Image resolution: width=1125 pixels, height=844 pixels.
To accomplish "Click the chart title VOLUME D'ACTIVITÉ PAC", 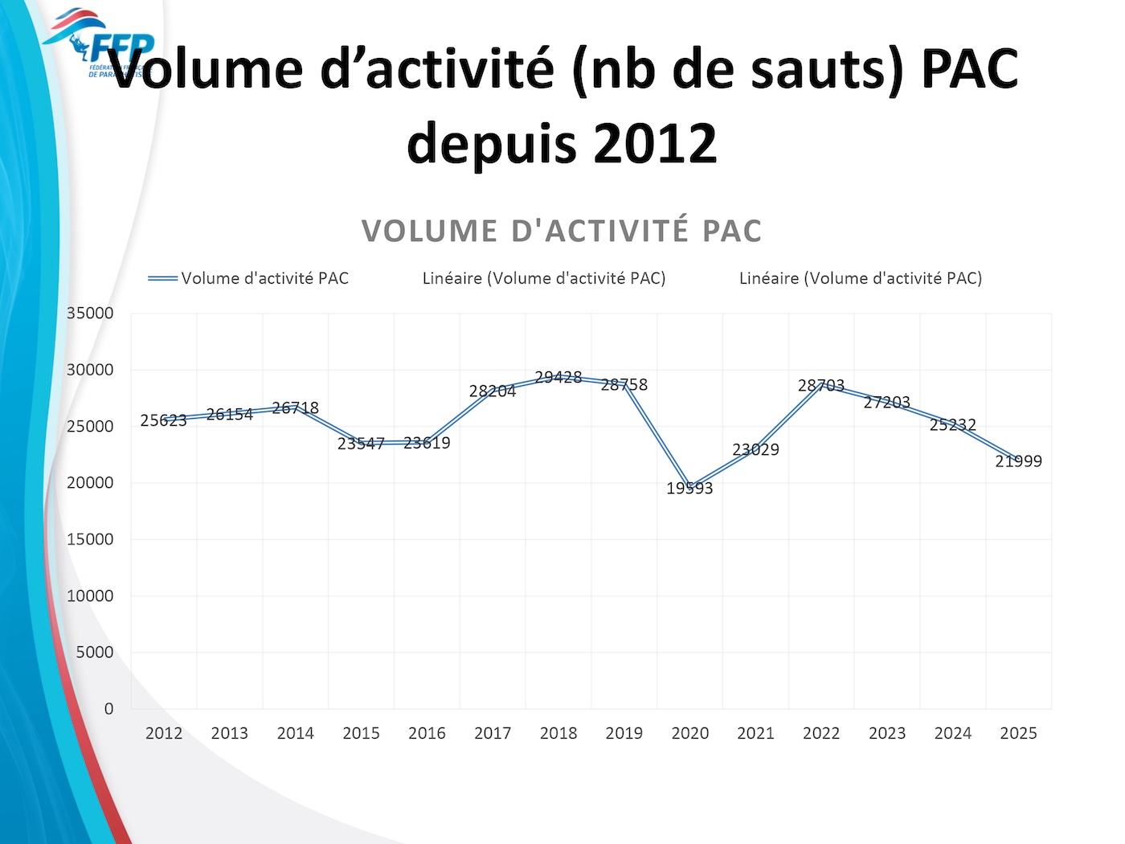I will pyautogui.click(x=562, y=231).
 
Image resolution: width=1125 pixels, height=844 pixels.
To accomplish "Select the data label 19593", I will pyautogui.click(x=689, y=488).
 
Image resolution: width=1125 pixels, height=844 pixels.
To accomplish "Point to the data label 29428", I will pyautogui.click(x=558, y=377).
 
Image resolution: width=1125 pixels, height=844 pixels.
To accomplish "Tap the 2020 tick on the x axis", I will pyautogui.click(x=689, y=733).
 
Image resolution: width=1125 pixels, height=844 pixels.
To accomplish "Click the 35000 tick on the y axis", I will pyautogui.click(x=90, y=313).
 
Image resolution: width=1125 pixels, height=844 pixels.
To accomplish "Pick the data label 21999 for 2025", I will pyautogui.click(x=1018, y=461).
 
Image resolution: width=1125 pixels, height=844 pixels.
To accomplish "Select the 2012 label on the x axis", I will pyautogui.click(x=164, y=733).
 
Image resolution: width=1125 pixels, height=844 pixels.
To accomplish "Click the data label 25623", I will pyautogui.click(x=163, y=420).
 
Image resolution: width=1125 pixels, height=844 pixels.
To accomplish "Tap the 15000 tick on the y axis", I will pyautogui.click(x=90, y=539).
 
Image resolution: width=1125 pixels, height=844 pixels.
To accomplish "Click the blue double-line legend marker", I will pyautogui.click(x=162, y=278).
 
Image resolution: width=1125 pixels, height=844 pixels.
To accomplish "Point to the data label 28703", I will pyautogui.click(x=820, y=386).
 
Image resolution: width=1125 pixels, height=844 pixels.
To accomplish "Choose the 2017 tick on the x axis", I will pyautogui.click(x=493, y=733).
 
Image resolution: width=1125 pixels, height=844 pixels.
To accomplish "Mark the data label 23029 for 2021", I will pyautogui.click(x=755, y=449).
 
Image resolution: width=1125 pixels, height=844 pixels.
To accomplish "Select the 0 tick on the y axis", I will pyautogui.click(x=108, y=709).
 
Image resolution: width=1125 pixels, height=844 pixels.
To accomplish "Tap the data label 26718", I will pyautogui.click(x=295, y=408).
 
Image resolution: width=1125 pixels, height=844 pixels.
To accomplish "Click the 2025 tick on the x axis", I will pyautogui.click(x=1018, y=733).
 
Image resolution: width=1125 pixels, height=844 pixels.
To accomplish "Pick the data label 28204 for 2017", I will pyautogui.click(x=492, y=391).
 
